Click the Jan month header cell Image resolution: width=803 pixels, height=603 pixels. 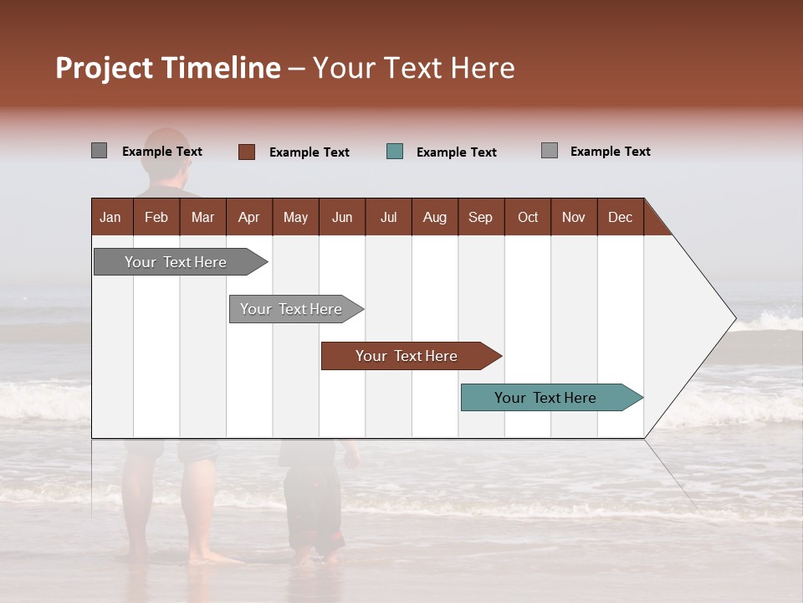tap(111, 217)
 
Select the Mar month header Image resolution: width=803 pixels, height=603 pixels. tap(202, 217)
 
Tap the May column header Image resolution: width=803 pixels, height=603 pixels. tap(295, 217)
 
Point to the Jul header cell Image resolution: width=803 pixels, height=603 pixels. tap(388, 217)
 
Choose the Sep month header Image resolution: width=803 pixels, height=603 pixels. tap(480, 217)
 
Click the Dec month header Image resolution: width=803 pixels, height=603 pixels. tap(620, 217)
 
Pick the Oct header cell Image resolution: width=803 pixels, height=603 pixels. tap(528, 217)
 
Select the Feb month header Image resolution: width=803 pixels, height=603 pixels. tap(156, 217)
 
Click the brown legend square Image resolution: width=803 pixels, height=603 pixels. tap(246, 152)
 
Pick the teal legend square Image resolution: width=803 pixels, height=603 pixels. tap(395, 152)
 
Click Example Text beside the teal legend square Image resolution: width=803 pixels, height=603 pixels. tap(456, 152)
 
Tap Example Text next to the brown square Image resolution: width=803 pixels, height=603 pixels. tap(309, 152)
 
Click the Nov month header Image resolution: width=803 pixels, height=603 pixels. tap(574, 217)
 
